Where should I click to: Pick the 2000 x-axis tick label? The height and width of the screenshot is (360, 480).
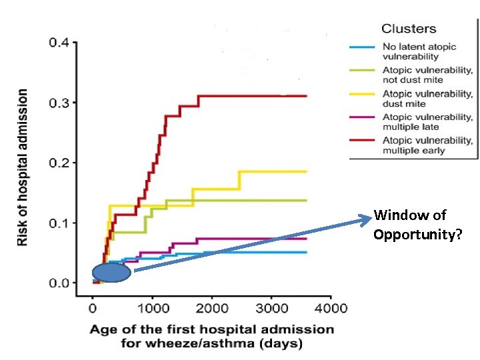click(211, 308)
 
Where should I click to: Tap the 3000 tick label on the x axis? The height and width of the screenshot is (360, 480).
click(271, 308)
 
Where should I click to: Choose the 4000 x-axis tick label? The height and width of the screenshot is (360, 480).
click(331, 308)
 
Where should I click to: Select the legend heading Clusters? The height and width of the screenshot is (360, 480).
click(409, 29)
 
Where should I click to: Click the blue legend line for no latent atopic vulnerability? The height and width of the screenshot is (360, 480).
click(363, 47)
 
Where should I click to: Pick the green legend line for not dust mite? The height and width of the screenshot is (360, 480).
click(363, 69)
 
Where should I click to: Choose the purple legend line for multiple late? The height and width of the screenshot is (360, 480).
click(363, 118)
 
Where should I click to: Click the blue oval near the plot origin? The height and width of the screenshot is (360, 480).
click(111, 273)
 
